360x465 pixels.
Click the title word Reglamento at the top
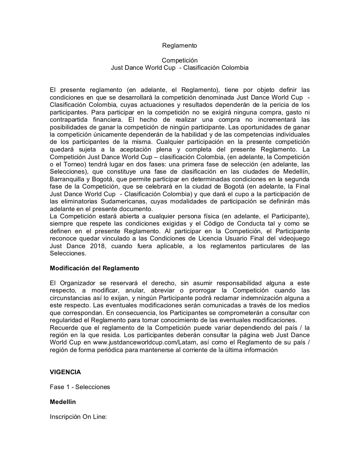point(179,45)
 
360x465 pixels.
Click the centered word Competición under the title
point(180,60)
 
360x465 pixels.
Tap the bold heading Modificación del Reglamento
point(94,268)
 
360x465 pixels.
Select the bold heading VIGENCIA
point(65,372)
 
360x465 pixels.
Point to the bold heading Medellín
point(63,402)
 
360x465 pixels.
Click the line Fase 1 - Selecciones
point(80,387)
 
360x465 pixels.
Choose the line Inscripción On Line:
point(78,417)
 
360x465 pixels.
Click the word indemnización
point(268,298)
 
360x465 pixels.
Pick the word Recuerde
point(62,328)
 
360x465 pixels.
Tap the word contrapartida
point(69,120)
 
